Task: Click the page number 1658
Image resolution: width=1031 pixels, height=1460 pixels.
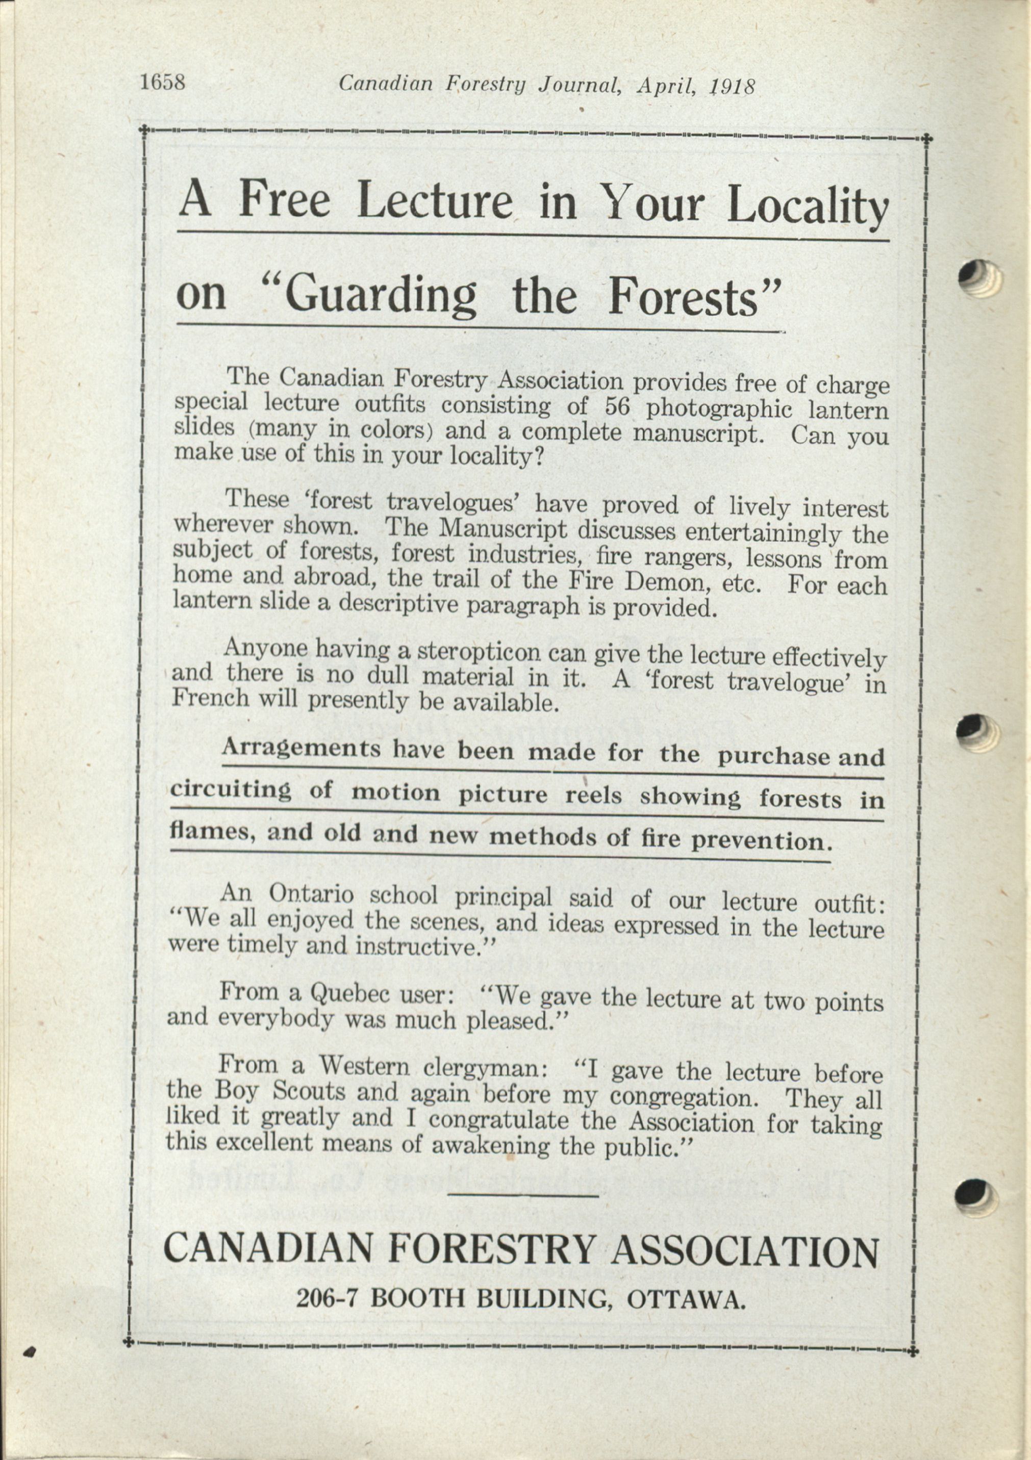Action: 162,83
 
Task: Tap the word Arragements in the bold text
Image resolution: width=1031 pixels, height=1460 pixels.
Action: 301,748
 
